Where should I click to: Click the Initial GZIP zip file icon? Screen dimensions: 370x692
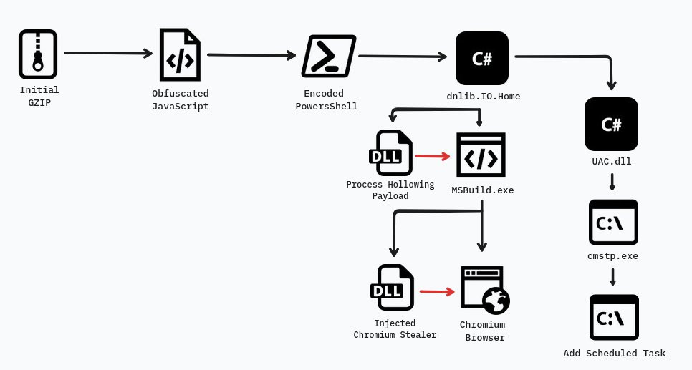(x=38, y=54)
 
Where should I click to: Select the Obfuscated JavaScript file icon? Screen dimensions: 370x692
(x=180, y=55)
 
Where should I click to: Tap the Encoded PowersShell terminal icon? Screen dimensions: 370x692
(x=329, y=56)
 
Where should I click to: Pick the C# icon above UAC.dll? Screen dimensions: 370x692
(x=610, y=124)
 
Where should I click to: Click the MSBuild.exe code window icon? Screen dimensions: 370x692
(x=481, y=155)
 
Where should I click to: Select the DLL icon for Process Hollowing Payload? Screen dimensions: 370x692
(x=390, y=152)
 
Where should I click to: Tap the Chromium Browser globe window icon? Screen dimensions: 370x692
(x=485, y=290)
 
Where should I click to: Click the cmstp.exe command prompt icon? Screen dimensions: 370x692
(x=612, y=223)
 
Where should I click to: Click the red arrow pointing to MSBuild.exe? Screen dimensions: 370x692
(x=432, y=155)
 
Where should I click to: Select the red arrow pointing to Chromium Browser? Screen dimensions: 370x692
(x=437, y=291)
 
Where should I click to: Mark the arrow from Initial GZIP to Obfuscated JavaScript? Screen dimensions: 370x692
(x=108, y=53)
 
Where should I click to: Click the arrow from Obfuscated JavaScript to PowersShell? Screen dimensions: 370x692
(x=251, y=55)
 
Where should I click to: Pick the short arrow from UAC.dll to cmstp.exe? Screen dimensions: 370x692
(x=612, y=182)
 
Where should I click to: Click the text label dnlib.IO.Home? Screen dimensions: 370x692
(x=483, y=97)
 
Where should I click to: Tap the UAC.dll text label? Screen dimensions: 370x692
(x=611, y=162)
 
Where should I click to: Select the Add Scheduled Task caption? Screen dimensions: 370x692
(x=614, y=354)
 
